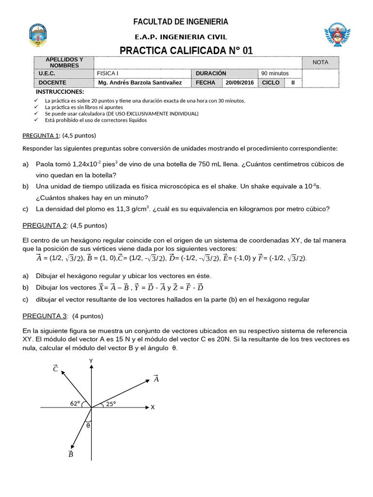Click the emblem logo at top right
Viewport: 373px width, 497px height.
point(337,35)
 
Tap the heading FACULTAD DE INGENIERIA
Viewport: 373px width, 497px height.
point(181,22)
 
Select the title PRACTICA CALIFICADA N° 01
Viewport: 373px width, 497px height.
point(186,51)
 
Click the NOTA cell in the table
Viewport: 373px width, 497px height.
point(320,62)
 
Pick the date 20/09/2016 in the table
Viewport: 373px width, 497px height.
point(240,83)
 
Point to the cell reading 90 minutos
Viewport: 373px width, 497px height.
point(275,73)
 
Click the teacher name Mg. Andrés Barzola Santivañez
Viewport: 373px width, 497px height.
point(140,83)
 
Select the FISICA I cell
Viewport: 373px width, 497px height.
point(108,73)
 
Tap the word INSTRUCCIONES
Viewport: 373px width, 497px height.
point(60,92)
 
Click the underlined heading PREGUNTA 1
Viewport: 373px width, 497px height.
point(41,135)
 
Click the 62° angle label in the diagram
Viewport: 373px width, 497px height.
point(75,403)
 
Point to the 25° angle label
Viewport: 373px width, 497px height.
point(111,403)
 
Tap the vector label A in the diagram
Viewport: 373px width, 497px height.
point(156,379)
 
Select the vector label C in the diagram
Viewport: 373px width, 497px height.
point(55,368)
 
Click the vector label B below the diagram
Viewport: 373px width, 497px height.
point(70,454)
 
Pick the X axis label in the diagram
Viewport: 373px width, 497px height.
point(153,407)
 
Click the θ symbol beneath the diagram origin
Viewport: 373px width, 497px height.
point(88,425)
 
